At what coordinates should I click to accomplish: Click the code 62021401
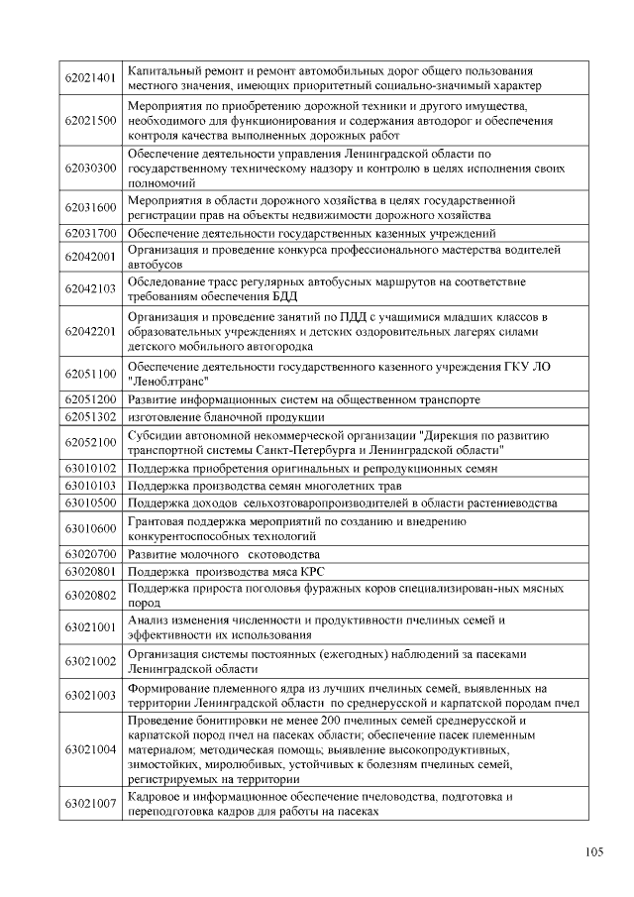pyautogui.click(x=91, y=78)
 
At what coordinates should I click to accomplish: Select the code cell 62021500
pyautogui.click(x=91, y=120)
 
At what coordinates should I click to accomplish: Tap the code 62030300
pyautogui.click(x=91, y=168)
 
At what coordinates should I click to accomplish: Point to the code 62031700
pyautogui.click(x=91, y=233)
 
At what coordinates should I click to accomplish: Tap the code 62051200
pyautogui.click(x=91, y=399)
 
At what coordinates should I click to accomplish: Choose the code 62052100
pyautogui.click(x=91, y=442)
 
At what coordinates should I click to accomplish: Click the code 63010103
pyautogui.click(x=91, y=486)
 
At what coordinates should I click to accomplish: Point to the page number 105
pyautogui.click(x=594, y=851)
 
